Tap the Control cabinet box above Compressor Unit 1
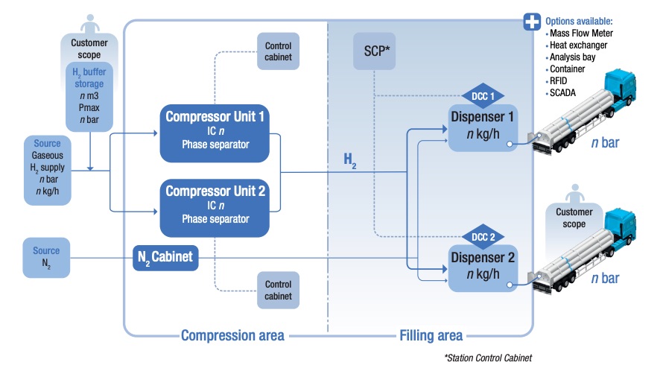[278, 51]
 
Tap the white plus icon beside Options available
[532, 20]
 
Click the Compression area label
[232, 335]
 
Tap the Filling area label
[431, 335]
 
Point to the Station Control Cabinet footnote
[488, 359]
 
